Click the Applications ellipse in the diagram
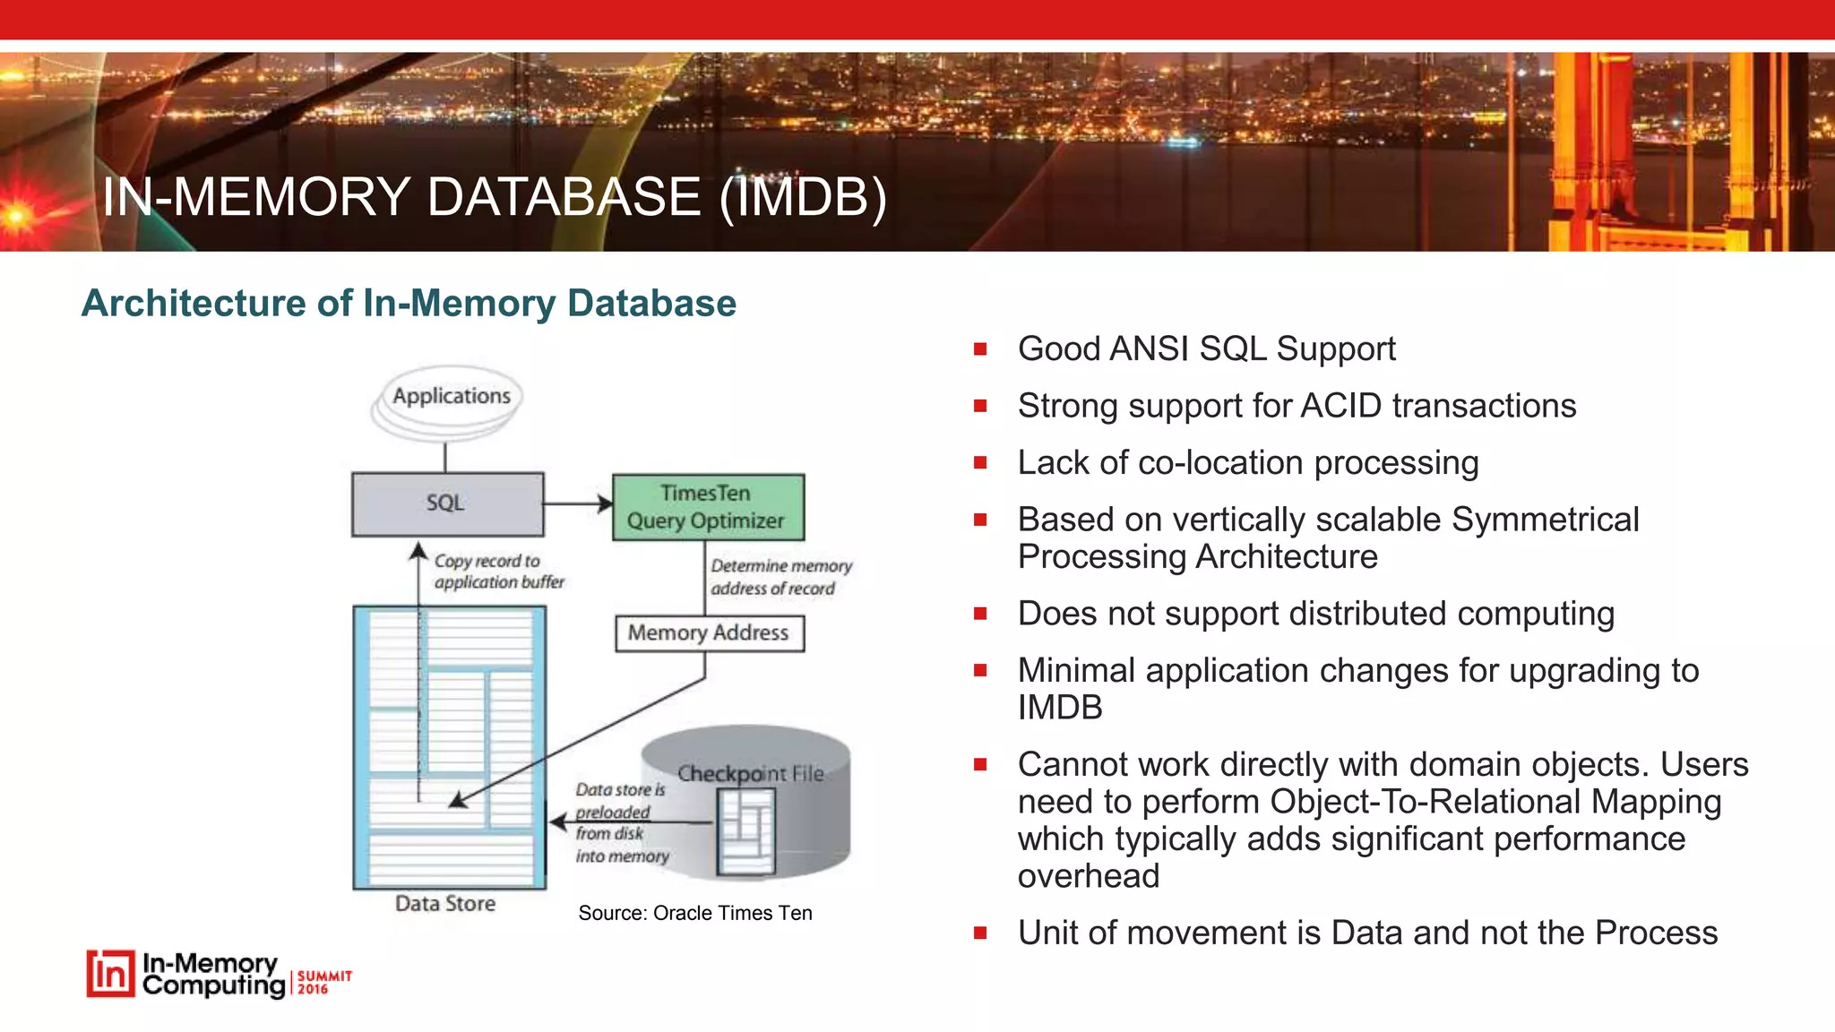(x=451, y=396)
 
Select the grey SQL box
(x=446, y=503)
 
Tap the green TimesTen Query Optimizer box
(x=707, y=507)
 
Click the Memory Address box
(x=709, y=633)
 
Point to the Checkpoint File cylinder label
(x=750, y=773)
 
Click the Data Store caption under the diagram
(x=445, y=904)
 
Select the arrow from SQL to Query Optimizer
(x=577, y=503)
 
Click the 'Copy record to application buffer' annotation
(x=498, y=572)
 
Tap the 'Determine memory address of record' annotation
(x=780, y=577)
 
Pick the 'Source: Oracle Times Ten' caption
(x=695, y=913)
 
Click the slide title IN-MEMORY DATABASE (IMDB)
(x=495, y=197)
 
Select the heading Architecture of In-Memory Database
(x=409, y=303)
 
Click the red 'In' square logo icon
(x=110, y=974)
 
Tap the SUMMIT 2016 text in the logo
(x=323, y=982)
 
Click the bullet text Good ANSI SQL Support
(x=1206, y=348)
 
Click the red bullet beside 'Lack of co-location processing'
(x=980, y=463)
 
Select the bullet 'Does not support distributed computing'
(x=1315, y=614)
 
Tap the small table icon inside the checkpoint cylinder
(x=745, y=835)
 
